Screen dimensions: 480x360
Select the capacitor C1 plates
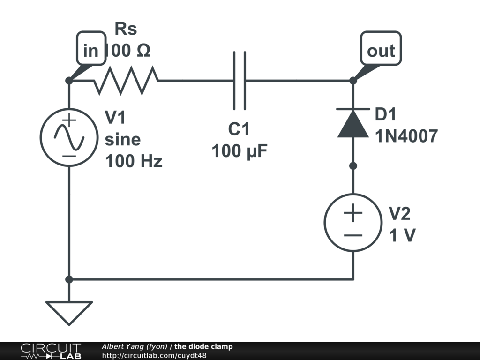tap(240, 81)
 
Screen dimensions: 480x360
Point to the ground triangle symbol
tap(69, 313)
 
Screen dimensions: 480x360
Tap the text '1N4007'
tap(406, 136)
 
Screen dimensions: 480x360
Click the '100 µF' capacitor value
tap(240, 151)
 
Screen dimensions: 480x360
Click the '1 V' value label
tap(402, 235)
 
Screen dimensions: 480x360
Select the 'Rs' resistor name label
tap(126, 29)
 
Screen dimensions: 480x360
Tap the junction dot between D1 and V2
tap(353, 166)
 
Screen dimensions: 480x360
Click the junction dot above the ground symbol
tap(69, 279)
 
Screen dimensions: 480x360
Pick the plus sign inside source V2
tap(353, 212)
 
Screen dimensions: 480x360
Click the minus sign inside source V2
tap(353, 235)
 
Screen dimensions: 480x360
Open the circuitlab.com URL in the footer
tap(154, 355)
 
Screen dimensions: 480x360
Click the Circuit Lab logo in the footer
tap(51, 351)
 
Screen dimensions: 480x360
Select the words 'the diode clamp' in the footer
tap(203, 346)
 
